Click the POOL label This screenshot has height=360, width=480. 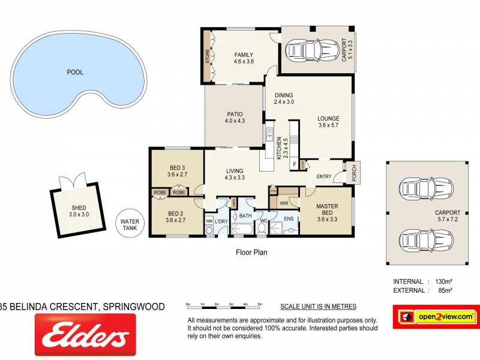click(75, 72)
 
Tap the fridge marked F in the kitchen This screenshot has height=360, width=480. click(294, 163)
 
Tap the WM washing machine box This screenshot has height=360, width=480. click(209, 221)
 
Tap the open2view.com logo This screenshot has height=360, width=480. click(436, 316)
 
